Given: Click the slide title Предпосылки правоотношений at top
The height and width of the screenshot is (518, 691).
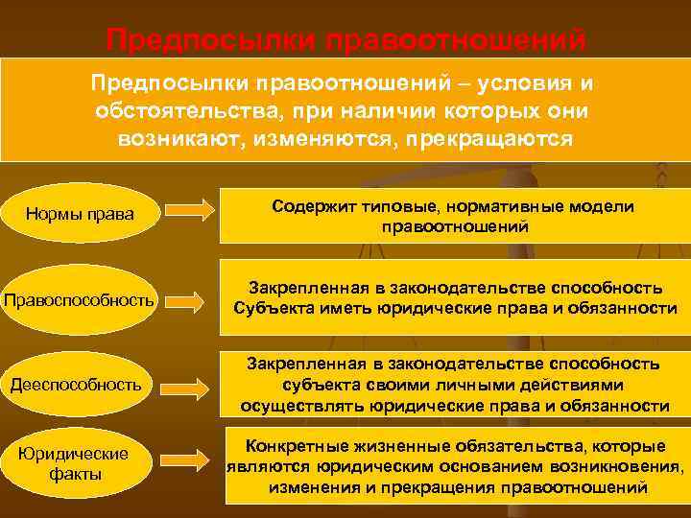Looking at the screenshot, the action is [345, 41].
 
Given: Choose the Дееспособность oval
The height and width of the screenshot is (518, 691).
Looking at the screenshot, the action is [78, 386].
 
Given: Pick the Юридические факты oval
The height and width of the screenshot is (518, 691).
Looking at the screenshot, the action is [78, 463].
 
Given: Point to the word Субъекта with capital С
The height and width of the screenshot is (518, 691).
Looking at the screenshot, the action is [274, 308].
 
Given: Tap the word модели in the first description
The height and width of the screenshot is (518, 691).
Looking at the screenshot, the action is [607, 207].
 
